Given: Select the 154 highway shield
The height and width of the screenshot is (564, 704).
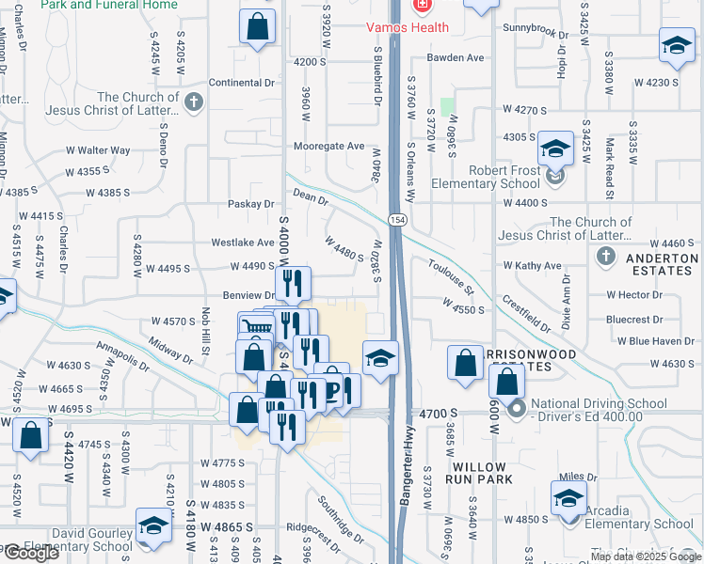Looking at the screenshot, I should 398,219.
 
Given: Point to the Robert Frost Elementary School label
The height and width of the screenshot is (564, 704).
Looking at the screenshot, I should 486,178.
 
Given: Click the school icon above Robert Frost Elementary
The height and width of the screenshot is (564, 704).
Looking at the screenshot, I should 556,149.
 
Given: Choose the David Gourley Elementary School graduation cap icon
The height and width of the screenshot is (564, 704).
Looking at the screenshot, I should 152,528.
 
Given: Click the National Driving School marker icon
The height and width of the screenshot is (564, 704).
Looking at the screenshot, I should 516,409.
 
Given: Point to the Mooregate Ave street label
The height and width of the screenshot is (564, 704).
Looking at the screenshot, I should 328,147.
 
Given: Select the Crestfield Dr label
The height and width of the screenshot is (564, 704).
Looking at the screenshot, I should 525,313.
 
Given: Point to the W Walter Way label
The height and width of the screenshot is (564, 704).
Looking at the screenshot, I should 98,150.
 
